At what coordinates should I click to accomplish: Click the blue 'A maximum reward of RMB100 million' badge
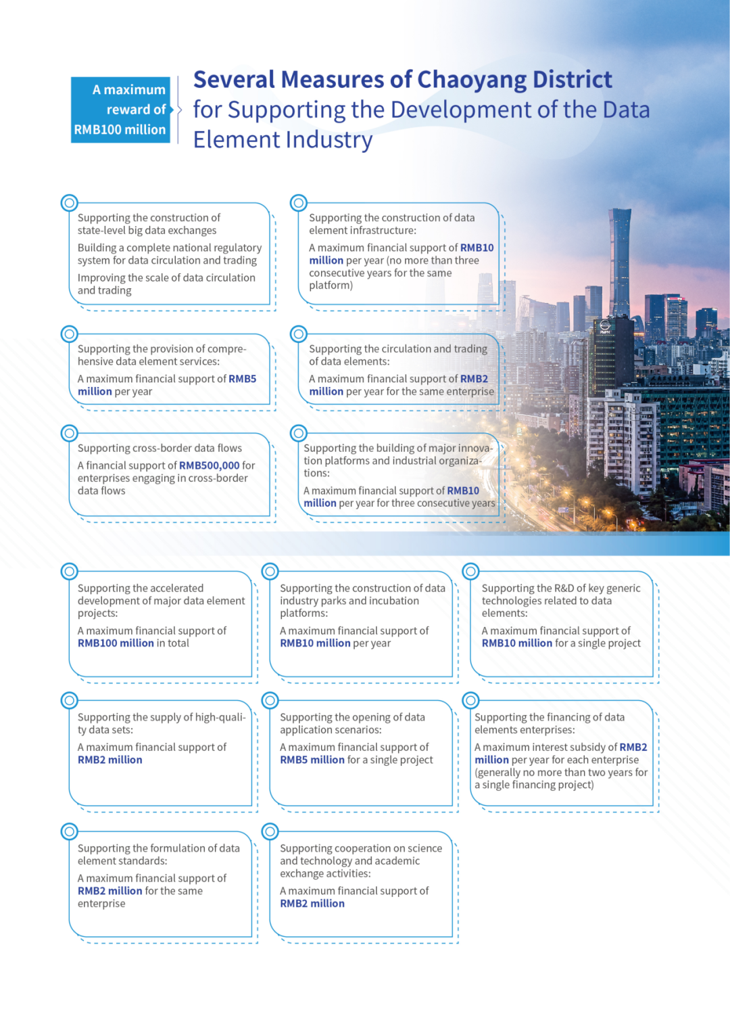tap(120, 110)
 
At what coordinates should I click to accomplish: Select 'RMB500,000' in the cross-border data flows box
tap(210, 465)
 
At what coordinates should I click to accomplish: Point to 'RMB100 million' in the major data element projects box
tap(116, 643)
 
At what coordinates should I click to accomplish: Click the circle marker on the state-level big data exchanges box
tap(69, 202)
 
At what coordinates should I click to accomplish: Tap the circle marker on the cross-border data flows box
tap(69, 433)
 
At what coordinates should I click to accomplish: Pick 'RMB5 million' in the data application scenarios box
tap(312, 760)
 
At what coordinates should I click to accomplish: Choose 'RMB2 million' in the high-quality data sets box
tap(110, 760)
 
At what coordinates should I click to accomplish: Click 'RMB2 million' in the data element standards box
tap(110, 891)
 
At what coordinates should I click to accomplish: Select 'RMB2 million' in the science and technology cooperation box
tap(312, 904)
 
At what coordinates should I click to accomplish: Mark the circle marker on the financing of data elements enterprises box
tap(471, 700)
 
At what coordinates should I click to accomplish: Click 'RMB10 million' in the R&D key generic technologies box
tap(517, 643)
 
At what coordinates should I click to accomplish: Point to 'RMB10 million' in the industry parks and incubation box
tap(315, 643)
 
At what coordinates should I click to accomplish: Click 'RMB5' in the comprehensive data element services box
tap(242, 379)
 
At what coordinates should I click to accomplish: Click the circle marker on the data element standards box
tap(69, 831)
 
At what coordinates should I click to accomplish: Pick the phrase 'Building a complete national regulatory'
tap(170, 248)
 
